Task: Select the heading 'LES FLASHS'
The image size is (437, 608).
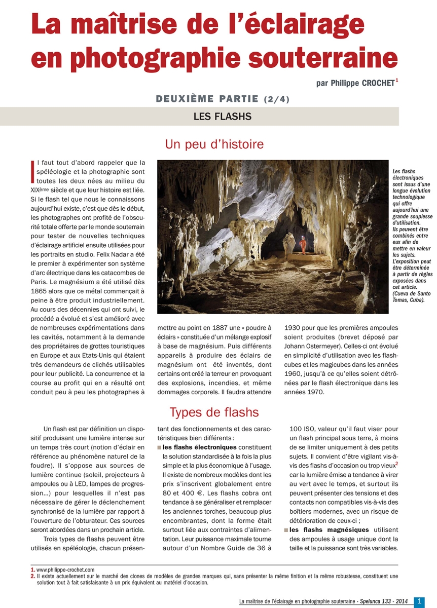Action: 223,117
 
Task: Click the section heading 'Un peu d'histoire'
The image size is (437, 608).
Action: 214,144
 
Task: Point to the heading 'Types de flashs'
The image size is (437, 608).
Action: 214,412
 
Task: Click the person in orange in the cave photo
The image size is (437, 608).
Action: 303,245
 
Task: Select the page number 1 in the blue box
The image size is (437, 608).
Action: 419,601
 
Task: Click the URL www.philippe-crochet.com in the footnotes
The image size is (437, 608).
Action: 65,570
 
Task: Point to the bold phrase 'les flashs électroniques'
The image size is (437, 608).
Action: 199,447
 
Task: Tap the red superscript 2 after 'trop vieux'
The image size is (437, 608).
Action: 396,464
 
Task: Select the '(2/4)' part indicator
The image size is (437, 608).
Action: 276,99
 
